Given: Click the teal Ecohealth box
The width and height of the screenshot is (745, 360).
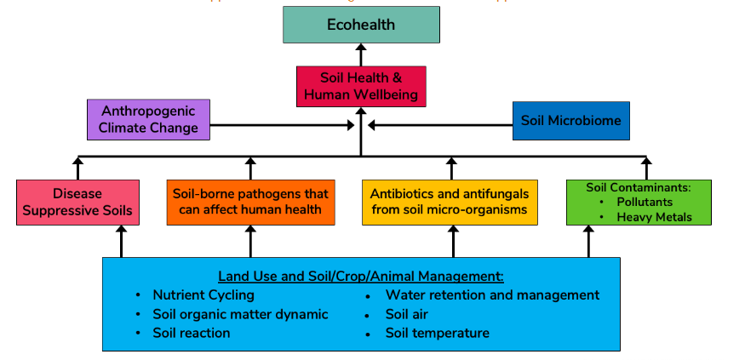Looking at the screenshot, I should pyautogui.click(x=361, y=25).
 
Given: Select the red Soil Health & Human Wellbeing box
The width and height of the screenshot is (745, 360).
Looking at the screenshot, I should pyautogui.click(x=361, y=86).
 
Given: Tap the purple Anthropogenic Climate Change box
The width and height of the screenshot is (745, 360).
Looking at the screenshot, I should pyautogui.click(x=148, y=120).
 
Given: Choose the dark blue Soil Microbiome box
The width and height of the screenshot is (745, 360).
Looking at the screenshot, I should pyautogui.click(x=570, y=121).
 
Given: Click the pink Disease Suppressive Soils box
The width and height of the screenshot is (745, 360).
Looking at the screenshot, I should pyautogui.click(x=77, y=202).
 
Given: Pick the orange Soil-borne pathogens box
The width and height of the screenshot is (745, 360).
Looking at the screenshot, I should pyautogui.click(x=250, y=202).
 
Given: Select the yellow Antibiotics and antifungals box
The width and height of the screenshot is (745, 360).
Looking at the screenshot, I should pyautogui.click(x=450, y=202).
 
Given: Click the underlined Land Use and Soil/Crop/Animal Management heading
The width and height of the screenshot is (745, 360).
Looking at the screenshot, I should pyautogui.click(x=361, y=277).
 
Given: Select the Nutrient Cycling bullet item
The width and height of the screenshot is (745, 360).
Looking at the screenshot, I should pyautogui.click(x=203, y=295).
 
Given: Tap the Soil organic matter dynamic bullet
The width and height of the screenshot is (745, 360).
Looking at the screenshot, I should pyautogui.click(x=240, y=314).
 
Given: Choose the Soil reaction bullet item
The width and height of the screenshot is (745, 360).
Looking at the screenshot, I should pyautogui.click(x=192, y=333).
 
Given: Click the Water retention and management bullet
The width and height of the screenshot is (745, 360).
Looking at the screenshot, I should pyautogui.click(x=492, y=295).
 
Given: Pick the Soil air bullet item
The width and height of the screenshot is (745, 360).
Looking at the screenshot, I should pyautogui.click(x=407, y=314).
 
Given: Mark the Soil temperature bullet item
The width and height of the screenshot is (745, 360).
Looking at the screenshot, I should pyautogui.click(x=438, y=333).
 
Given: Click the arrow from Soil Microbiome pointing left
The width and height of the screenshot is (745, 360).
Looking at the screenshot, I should pyautogui.click(x=438, y=127).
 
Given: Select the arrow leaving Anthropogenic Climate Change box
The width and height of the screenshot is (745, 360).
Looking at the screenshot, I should pyautogui.click(x=281, y=127).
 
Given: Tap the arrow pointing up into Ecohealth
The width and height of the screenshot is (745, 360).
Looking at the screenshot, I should pyautogui.click(x=361, y=54).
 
